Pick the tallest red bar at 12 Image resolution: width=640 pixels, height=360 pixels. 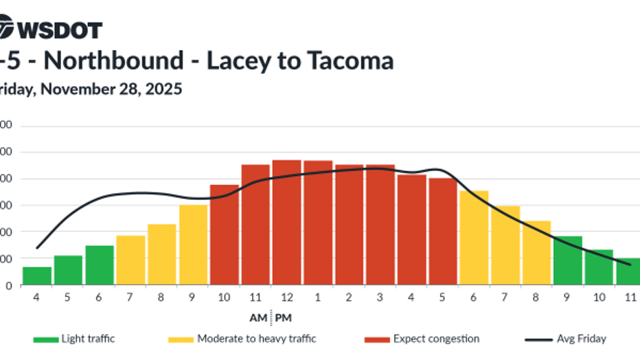(x=286, y=223)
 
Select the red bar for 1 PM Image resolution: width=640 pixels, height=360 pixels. (x=318, y=223)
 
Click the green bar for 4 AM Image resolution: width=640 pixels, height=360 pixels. (x=37, y=275)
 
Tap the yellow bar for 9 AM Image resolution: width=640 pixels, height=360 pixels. (x=193, y=245)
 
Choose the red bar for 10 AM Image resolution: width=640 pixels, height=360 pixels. (x=225, y=234)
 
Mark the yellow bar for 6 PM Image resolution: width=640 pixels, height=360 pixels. (x=474, y=237)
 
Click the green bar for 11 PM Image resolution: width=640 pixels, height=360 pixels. (x=628, y=271)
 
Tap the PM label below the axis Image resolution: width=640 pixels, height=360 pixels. (x=284, y=317)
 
